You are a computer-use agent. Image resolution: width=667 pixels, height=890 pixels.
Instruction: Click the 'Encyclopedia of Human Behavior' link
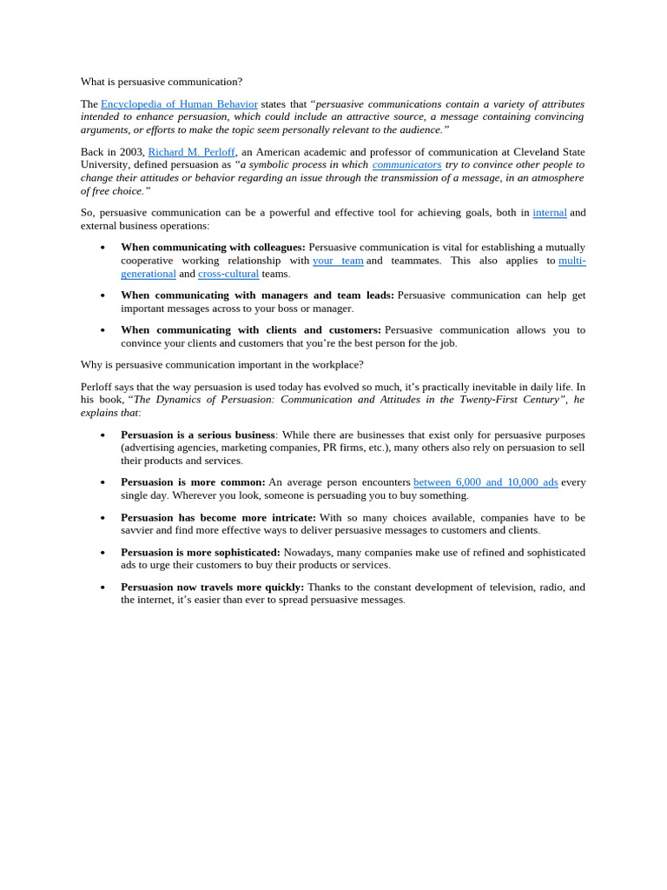tap(179, 104)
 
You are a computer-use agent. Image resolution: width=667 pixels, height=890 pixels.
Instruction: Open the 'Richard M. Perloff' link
tap(191, 152)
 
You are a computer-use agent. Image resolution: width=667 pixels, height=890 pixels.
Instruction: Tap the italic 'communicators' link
tap(406, 164)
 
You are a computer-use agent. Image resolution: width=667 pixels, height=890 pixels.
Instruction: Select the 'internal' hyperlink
tap(549, 213)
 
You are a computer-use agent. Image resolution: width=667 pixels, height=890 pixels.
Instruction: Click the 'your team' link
tap(338, 261)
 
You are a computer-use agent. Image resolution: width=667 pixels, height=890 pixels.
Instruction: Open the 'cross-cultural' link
tap(228, 274)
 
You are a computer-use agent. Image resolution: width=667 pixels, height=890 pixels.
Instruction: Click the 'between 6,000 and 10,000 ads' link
tap(485, 482)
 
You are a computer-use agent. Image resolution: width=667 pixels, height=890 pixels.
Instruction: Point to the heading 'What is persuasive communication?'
tap(162, 82)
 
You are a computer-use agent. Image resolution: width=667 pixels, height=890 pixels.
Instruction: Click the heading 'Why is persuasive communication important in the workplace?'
tap(222, 365)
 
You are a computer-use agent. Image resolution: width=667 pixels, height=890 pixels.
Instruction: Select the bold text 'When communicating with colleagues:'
tap(213, 248)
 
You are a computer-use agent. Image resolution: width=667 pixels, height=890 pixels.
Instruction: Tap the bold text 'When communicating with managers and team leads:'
tap(257, 296)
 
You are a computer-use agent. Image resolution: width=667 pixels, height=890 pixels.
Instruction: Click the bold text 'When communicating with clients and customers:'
tap(251, 330)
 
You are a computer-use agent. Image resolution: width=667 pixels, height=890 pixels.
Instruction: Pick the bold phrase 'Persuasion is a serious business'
tap(198, 435)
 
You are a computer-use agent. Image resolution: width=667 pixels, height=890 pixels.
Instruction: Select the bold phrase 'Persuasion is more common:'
tap(193, 482)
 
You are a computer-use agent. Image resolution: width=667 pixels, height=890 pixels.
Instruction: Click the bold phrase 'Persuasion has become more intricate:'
tap(218, 517)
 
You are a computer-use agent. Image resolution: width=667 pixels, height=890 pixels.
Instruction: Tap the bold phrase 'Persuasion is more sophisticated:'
tap(201, 552)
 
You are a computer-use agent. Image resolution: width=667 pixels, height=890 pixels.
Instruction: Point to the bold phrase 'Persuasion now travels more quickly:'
tap(212, 587)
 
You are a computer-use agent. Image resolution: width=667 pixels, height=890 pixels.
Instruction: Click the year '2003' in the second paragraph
tap(133, 152)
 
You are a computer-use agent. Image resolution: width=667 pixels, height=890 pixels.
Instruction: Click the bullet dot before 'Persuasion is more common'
tap(102, 483)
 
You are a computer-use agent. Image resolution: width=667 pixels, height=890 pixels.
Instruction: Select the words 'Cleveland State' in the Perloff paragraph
tap(549, 152)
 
